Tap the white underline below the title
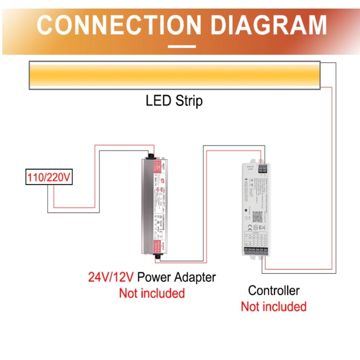(x=182, y=46)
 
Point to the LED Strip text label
(x=174, y=101)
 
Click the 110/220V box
(x=49, y=177)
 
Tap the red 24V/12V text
(x=111, y=277)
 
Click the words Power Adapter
(x=177, y=277)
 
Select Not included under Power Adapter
(x=152, y=293)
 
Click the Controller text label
(x=274, y=291)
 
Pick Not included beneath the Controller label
(x=274, y=307)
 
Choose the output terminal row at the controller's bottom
(x=256, y=251)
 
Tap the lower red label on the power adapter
(x=157, y=246)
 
